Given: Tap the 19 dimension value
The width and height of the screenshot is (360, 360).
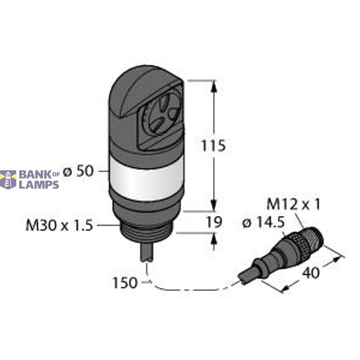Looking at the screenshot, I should click(214, 222).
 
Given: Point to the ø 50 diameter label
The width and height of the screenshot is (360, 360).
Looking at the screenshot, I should click(78, 171).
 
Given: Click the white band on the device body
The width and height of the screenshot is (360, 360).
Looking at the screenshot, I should click(145, 178).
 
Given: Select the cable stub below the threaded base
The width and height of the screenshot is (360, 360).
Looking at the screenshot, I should click(146, 253).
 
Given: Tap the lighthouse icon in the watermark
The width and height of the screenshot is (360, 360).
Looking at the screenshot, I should click(8, 179).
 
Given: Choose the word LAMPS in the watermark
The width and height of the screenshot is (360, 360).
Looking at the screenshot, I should click(40, 184).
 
